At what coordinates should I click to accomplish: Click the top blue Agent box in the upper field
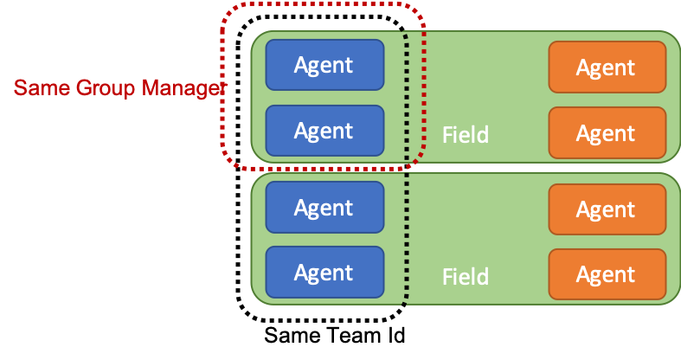[324, 65]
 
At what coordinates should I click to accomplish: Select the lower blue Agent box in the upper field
[324, 131]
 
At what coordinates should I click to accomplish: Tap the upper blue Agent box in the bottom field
[324, 208]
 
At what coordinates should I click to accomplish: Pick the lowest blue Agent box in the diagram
[324, 273]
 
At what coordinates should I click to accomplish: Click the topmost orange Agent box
[607, 67]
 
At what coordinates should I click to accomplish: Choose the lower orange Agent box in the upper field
[607, 133]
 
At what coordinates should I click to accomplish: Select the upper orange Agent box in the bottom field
[607, 209]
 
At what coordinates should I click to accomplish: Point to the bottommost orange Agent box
[607, 274]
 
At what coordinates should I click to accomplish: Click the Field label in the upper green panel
[466, 135]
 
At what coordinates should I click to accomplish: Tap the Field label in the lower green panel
[466, 277]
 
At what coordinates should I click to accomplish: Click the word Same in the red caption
[40, 88]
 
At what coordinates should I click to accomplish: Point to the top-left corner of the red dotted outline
[228, 10]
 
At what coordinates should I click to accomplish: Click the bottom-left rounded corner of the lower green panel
[257, 297]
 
